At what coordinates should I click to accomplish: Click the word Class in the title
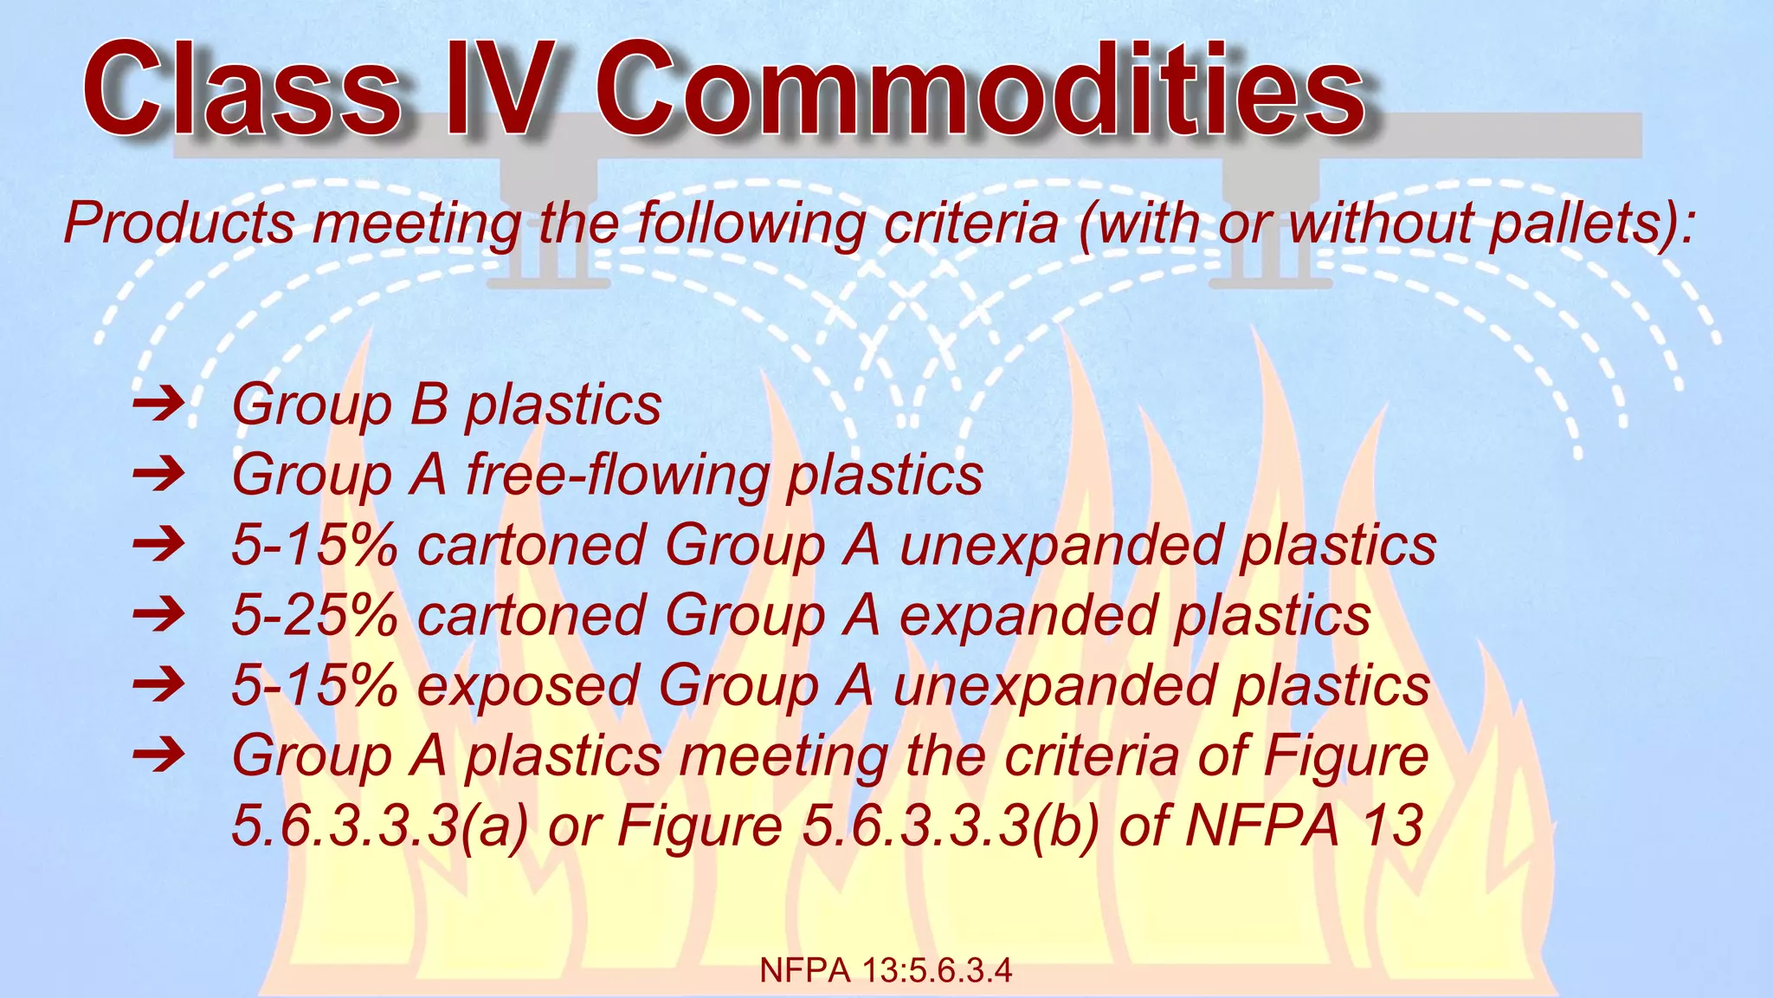(242, 91)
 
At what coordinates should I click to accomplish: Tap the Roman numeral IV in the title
(498, 91)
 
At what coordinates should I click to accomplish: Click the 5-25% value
(314, 615)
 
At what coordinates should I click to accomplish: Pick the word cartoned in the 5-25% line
(532, 615)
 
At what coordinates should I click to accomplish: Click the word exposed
(528, 686)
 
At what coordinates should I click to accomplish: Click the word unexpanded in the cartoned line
(1061, 546)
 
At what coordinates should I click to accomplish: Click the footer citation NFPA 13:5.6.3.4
(886, 971)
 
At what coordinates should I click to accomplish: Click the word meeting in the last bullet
(783, 756)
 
